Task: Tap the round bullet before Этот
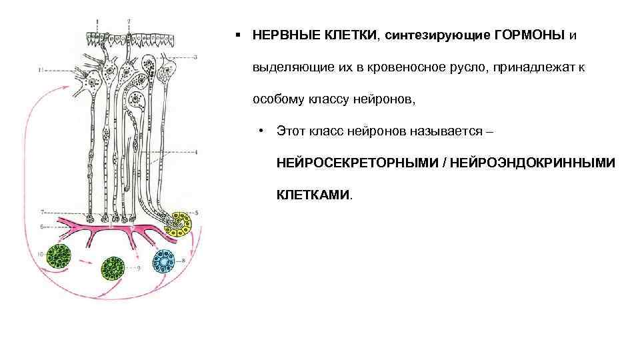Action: (x=264, y=131)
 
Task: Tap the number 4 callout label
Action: (x=196, y=153)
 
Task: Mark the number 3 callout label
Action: (x=195, y=57)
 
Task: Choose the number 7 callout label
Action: (x=42, y=213)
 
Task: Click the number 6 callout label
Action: (x=42, y=227)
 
